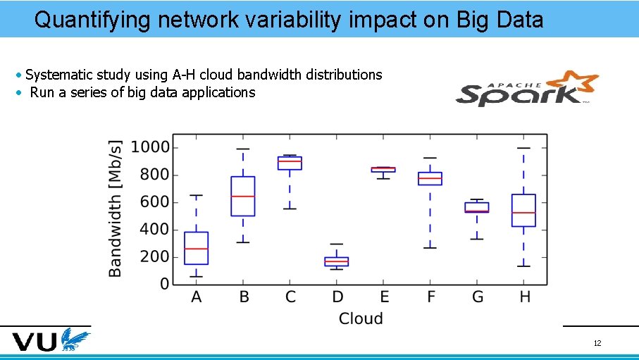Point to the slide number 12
pos(597,344)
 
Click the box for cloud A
pos(197,248)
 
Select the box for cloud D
pos(337,261)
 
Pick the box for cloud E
pos(383,170)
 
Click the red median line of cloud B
pos(243,197)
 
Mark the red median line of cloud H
pos(523,213)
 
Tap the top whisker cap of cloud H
pos(523,148)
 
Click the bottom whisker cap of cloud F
pos(430,248)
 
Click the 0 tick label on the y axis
pos(164,285)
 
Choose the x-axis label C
pos(290,297)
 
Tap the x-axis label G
pos(478,297)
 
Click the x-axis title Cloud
pos(361,319)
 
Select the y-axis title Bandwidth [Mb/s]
pos(116,209)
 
